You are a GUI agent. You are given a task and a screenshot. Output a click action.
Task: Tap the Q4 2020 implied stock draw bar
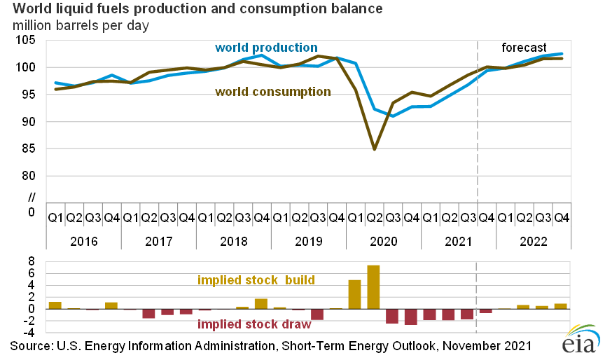(410, 317)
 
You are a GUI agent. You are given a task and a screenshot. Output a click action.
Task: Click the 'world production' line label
(265, 48)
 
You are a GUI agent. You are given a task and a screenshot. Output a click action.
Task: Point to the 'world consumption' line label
(273, 91)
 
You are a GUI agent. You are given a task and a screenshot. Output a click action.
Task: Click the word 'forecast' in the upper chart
(524, 48)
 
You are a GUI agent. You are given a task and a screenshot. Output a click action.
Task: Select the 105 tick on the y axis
(27, 40)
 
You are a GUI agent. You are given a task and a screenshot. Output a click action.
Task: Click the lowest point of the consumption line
(374, 148)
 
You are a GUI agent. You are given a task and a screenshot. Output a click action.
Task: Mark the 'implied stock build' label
(256, 280)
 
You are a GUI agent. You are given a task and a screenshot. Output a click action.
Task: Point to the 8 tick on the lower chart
(32, 260)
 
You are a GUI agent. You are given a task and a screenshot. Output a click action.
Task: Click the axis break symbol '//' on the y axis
(30, 196)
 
